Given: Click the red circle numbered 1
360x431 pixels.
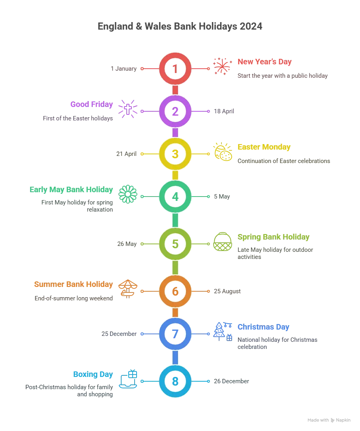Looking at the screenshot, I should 175,69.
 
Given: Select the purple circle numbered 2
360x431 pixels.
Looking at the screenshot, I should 175,111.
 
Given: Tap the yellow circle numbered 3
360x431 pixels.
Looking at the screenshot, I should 175,154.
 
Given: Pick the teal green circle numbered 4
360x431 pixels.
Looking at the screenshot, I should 175,196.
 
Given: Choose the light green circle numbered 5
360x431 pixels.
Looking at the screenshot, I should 175,244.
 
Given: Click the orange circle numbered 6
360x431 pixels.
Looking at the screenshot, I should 175,291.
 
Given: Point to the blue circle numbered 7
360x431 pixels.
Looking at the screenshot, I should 175,334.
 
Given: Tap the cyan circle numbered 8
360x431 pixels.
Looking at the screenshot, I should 175,382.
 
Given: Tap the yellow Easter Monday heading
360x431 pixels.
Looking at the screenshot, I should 264,148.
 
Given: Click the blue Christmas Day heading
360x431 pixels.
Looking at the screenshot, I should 263,327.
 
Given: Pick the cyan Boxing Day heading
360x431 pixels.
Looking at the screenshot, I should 93,375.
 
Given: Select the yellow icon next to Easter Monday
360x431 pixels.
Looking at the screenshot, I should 223,152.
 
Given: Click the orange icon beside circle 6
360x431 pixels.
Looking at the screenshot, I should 127,288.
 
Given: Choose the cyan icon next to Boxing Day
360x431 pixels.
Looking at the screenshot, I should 129,379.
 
